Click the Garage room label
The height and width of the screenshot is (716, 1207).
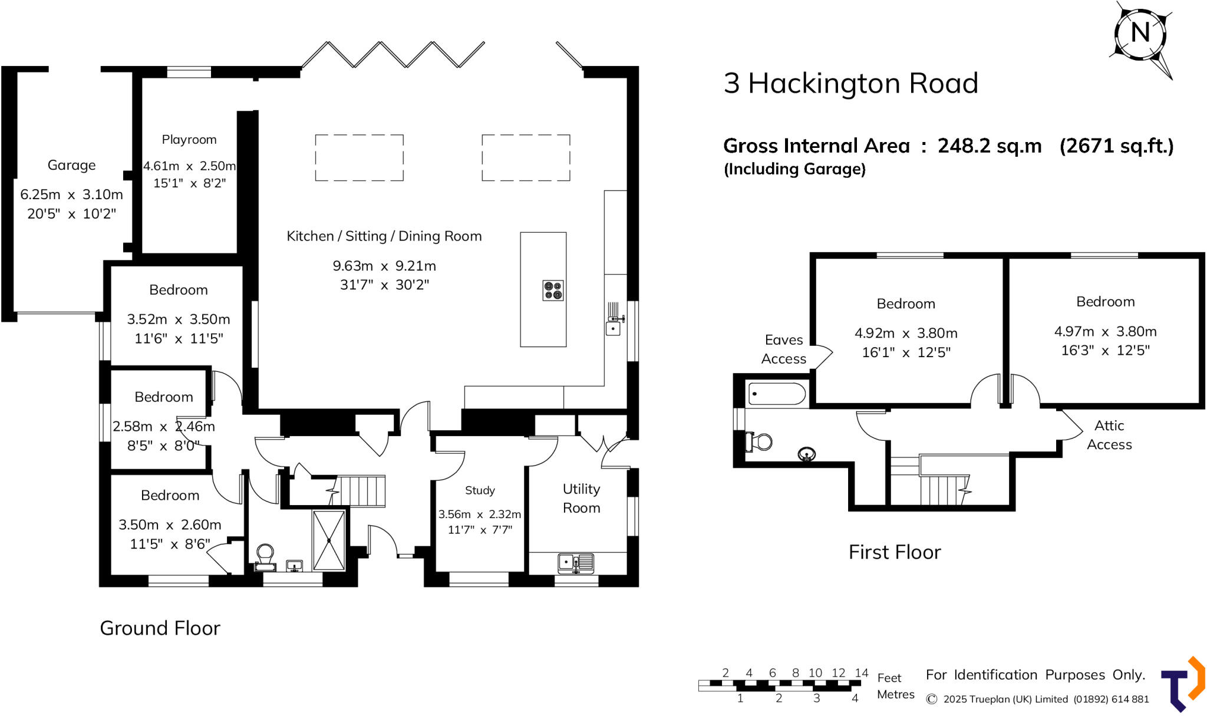(x=71, y=165)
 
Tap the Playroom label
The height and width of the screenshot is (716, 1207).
(x=189, y=140)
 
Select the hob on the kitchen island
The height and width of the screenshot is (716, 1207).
(x=553, y=291)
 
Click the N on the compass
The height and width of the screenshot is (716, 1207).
(x=1140, y=32)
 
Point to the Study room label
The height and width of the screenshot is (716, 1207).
(x=480, y=490)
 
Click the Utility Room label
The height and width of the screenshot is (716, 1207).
(x=582, y=499)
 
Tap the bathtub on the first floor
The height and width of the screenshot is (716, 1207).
(x=777, y=394)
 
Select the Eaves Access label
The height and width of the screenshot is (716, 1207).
(x=783, y=349)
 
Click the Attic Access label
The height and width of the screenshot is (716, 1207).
(x=1109, y=435)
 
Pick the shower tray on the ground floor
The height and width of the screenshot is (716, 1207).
(x=329, y=540)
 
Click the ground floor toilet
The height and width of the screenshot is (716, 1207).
(x=265, y=557)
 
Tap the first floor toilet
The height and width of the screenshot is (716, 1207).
(x=759, y=441)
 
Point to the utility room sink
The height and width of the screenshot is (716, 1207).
(x=576, y=563)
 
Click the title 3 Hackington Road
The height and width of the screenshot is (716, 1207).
(x=850, y=84)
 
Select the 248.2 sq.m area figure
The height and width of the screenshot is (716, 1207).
(x=990, y=146)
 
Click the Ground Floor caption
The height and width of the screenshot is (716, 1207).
(x=160, y=628)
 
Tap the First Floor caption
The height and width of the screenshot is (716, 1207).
(x=895, y=552)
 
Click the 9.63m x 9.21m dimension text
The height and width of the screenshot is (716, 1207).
(x=384, y=266)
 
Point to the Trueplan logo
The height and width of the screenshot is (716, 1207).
(x=1183, y=684)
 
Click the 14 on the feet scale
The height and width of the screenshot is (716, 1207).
(x=862, y=672)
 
